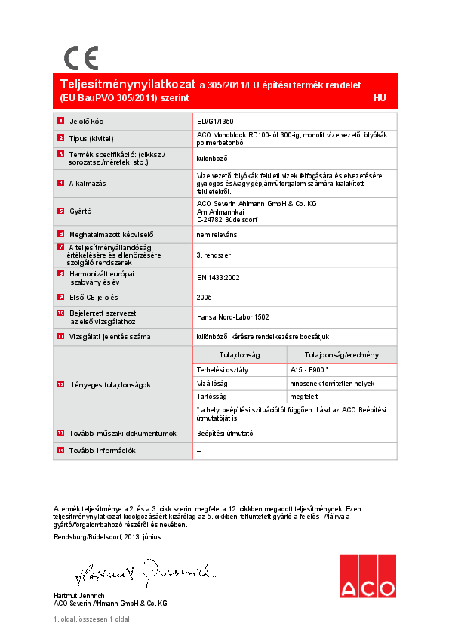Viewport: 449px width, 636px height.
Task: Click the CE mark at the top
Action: [x=81, y=58]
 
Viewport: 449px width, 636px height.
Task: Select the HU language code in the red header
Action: [x=380, y=98]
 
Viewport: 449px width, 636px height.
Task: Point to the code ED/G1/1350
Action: [x=215, y=121]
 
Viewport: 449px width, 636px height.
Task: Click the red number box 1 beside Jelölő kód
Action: [x=60, y=121]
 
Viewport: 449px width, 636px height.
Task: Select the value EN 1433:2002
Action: [x=218, y=278]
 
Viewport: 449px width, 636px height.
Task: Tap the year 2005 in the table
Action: [x=205, y=298]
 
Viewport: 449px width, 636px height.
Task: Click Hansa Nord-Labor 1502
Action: [x=232, y=316]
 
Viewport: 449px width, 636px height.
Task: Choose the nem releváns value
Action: [x=216, y=236]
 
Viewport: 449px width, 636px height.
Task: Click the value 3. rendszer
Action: [x=214, y=256]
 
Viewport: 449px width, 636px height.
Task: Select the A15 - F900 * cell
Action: [x=309, y=370]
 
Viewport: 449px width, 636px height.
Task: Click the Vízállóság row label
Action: [x=212, y=384]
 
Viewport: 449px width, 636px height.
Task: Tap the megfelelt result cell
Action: [x=304, y=397]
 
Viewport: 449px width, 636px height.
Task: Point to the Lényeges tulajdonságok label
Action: [x=110, y=385]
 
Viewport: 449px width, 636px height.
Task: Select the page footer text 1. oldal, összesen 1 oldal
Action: [x=91, y=619]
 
